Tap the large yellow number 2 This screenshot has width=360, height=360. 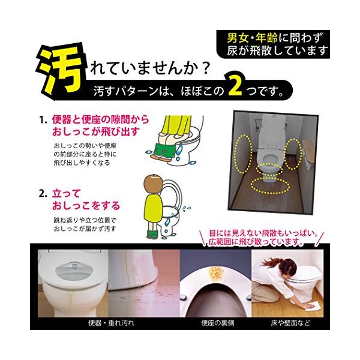pos(235,86)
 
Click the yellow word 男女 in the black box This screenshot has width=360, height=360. pos(238,38)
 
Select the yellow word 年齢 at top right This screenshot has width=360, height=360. pos(267,38)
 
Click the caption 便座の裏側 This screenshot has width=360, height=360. pos(217,323)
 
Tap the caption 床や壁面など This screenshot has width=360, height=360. pos(290,323)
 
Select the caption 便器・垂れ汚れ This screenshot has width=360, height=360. pos(112,323)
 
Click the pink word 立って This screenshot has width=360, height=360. pos(65,193)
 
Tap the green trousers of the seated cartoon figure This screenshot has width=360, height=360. pos(164,150)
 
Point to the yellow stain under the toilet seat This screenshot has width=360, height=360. pos(216,274)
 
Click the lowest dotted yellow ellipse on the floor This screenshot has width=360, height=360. pos(270,185)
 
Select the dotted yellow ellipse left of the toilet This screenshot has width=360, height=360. pos(243,154)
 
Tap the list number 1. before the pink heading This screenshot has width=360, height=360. pos(43,120)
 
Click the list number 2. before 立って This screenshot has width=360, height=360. pos(43,194)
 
